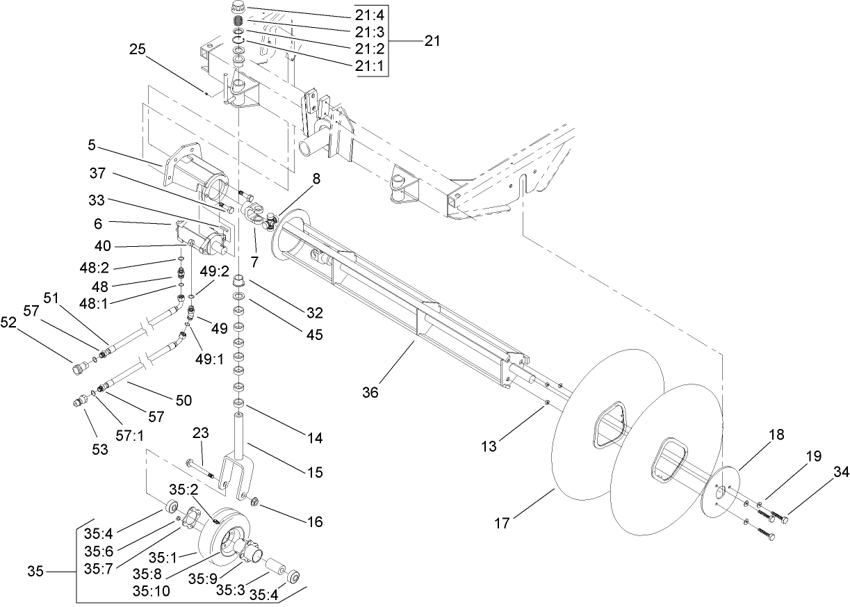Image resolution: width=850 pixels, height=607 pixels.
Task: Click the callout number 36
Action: point(370,392)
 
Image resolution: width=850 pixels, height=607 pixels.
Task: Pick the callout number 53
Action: point(100,449)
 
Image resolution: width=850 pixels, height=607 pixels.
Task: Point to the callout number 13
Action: point(489,446)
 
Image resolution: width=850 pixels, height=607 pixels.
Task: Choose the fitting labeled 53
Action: point(81,403)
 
